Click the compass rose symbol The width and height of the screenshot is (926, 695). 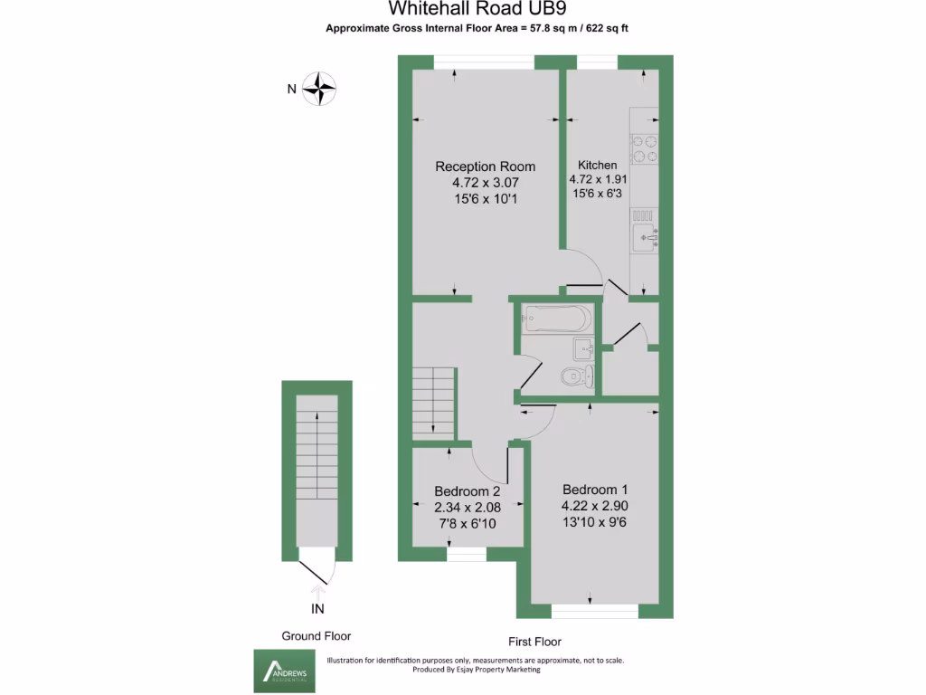[319, 89]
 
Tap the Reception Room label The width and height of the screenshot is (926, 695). [485, 167]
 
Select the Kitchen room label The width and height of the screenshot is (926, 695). [597, 166]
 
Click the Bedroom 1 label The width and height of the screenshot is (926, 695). [594, 490]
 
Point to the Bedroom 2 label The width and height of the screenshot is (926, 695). [466, 491]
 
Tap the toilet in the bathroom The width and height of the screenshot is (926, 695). [577, 376]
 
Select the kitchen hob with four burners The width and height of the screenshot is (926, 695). [645, 148]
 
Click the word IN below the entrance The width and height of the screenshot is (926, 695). [317, 608]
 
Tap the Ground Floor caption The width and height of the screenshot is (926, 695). [317, 636]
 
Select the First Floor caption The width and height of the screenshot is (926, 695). [534, 642]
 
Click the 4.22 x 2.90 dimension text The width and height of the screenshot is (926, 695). [594, 507]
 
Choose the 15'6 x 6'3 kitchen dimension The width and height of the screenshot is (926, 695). [598, 195]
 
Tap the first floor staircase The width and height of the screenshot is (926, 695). [432, 401]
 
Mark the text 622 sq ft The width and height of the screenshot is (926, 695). [603, 28]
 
